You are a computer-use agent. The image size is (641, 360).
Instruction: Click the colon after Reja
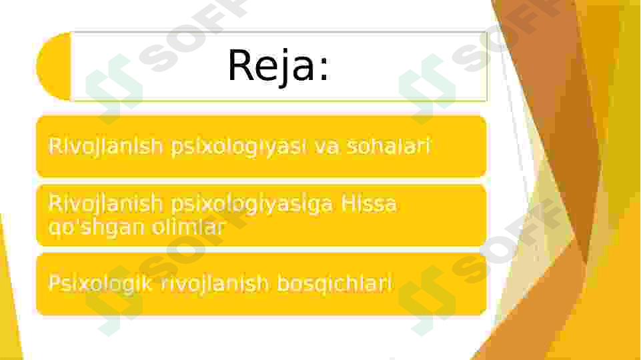tap(324, 67)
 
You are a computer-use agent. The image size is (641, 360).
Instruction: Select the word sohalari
tap(388, 145)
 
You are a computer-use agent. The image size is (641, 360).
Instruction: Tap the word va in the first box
tap(326, 147)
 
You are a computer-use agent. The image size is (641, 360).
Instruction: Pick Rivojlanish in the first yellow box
tap(106, 147)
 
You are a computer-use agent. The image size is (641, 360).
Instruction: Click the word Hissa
tap(368, 203)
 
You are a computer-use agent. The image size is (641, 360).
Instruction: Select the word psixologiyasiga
tap(252, 205)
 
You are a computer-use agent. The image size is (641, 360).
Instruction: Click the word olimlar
tap(189, 227)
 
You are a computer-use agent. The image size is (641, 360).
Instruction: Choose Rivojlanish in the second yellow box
tap(106, 204)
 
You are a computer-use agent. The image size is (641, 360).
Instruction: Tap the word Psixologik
tap(100, 283)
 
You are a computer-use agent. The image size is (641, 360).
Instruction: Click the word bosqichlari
tap(334, 284)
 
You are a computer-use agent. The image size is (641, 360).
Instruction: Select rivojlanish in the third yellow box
tap(215, 284)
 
